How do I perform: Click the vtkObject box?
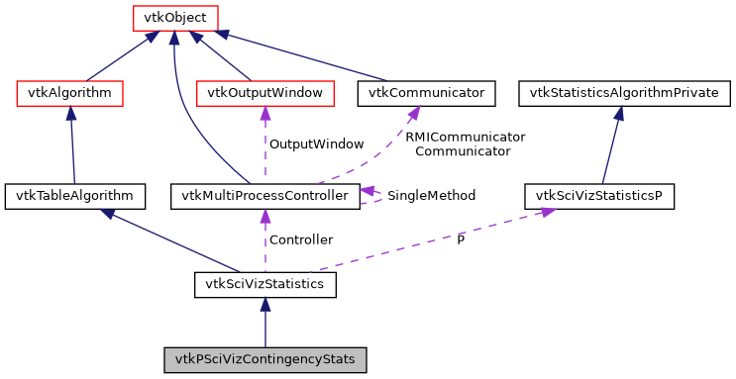pyautogui.click(x=175, y=18)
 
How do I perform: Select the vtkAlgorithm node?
pyautogui.click(x=70, y=94)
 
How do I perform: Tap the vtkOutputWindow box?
pyautogui.click(x=265, y=94)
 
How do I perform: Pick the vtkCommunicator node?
pyautogui.click(x=427, y=94)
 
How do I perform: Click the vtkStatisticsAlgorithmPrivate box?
pyautogui.click(x=625, y=94)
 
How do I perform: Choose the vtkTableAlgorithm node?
pyautogui.click(x=75, y=196)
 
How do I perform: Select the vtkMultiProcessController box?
pyautogui.click(x=264, y=196)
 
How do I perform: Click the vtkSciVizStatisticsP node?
pyautogui.click(x=599, y=196)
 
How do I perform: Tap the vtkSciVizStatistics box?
pyautogui.click(x=264, y=286)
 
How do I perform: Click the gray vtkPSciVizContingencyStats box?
pyautogui.click(x=264, y=359)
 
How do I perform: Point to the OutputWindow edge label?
pyautogui.click(x=310, y=144)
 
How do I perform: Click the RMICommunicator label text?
pyautogui.click(x=465, y=137)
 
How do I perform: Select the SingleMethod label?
pyautogui.click(x=431, y=196)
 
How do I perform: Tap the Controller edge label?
pyautogui.click(x=301, y=239)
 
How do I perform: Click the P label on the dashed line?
pyautogui.click(x=460, y=240)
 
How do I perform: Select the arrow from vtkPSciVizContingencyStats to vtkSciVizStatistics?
pyautogui.click(x=264, y=323)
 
